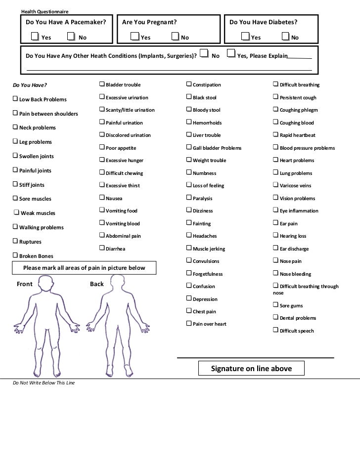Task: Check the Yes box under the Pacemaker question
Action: pyautogui.click(x=34, y=37)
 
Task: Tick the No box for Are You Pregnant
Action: pyautogui.click(x=175, y=37)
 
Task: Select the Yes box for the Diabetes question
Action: pyautogui.click(x=246, y=37)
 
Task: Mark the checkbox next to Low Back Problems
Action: pyautogui.click(x=15, y=99)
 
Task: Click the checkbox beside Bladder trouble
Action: pyautogui.click(x=102, y=85)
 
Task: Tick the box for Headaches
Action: pyautogui.click(x=189, y=236)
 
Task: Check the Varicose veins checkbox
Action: pyautogui.click(x=276, y=185)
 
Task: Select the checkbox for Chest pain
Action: pyautogui.click(x=189, y=311)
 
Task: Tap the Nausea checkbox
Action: pyautogui.click(x=102, y=198)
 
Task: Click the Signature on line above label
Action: pyautogui.click(x=251, y=369)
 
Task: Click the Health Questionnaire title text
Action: pyautogui.click(x=45, y=11)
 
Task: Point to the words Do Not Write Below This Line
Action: pyautogui.click(x=44, y=383)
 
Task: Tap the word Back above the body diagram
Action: pyautogui.click(x=97, y=284)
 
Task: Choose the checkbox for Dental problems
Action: pyautogui.click(x=276, y=318)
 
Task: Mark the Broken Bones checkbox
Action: pyautogui.click(x=15, y=255)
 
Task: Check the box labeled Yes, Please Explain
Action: pyautogui.click(x=231, y=53)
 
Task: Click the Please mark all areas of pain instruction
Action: pyautogui.click(x=84, y=268)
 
